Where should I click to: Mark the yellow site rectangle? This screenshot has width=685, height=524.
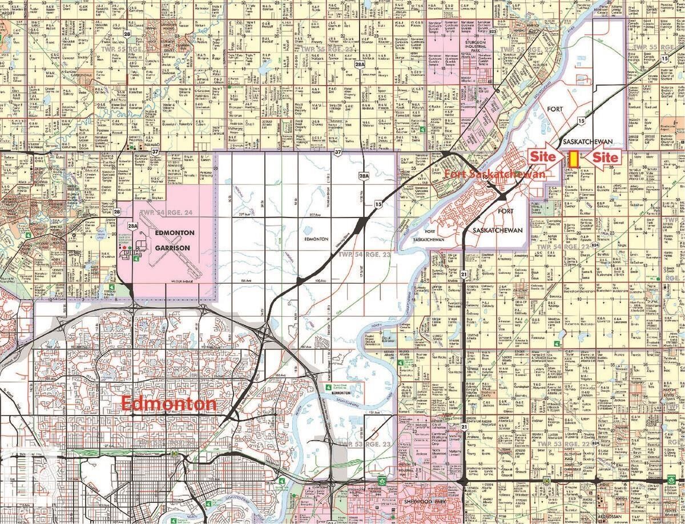click(x=573, y=159)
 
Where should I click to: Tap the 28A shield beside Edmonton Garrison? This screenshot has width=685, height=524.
click(x=133, y=227)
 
